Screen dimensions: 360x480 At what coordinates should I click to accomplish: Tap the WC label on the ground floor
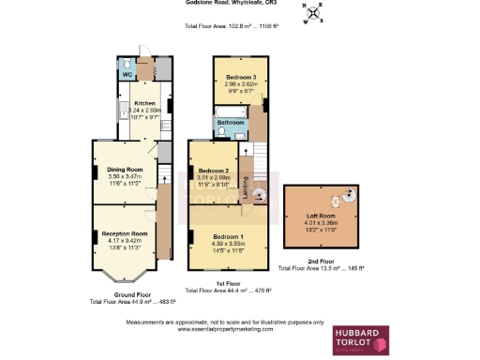pos(126,73)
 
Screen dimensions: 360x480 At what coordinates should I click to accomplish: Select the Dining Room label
pos(124,170)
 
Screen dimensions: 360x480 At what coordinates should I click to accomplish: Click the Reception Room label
pos(125,233)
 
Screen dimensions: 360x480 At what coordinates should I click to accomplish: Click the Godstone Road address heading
pos(224,4)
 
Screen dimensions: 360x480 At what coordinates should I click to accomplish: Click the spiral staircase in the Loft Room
pos(347,199)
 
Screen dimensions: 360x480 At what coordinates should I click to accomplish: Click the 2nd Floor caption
pos(319,262)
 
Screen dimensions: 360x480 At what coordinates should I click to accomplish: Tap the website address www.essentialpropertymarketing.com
pos(224,330)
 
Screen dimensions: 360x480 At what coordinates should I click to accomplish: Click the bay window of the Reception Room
pos(124,275)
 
